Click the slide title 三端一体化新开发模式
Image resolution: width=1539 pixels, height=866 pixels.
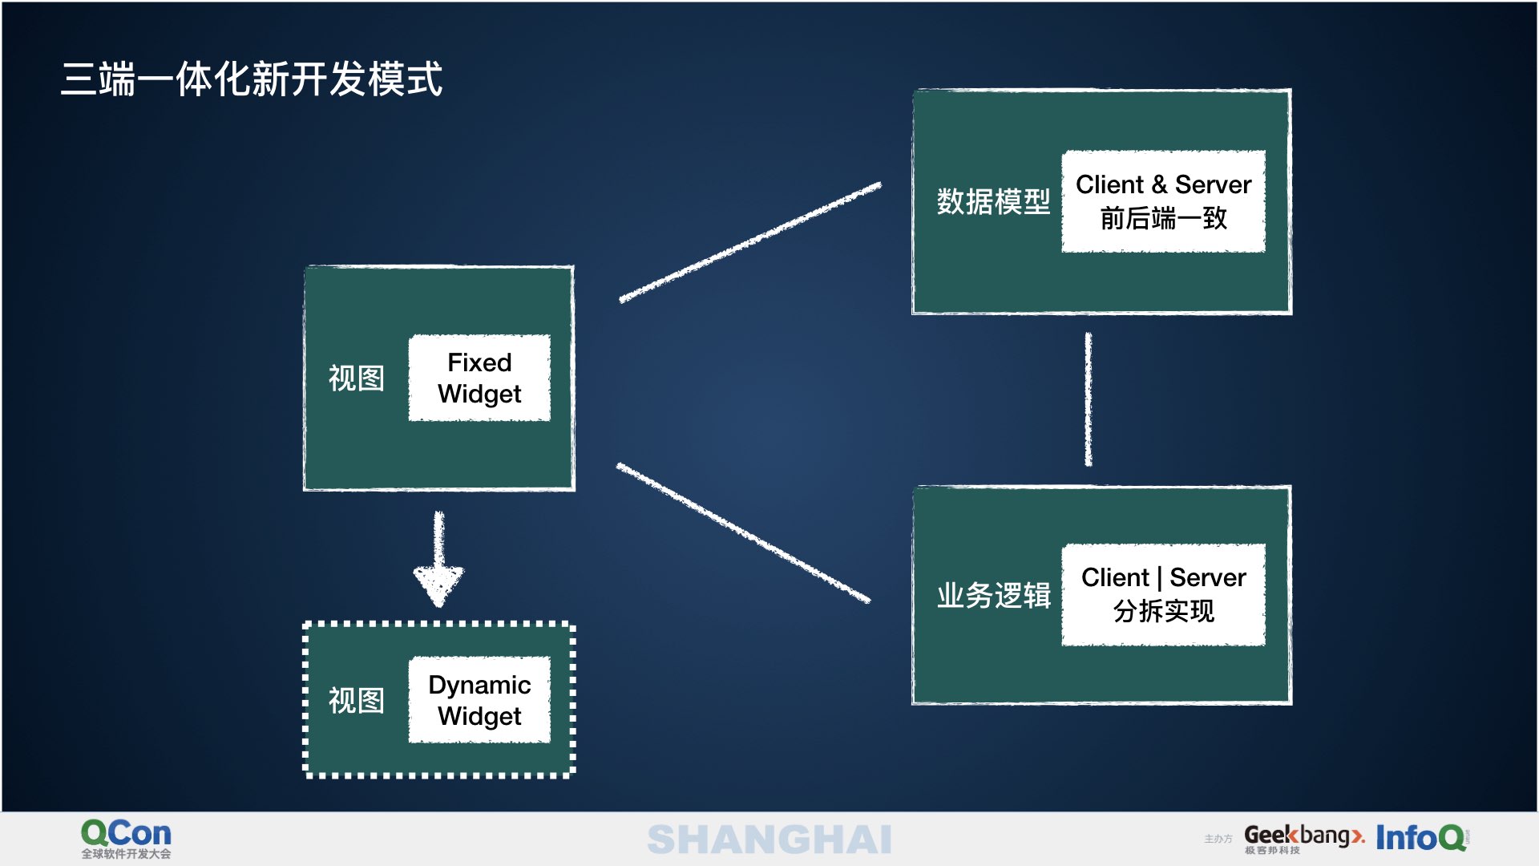252,79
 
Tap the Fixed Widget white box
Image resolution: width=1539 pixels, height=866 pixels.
479,378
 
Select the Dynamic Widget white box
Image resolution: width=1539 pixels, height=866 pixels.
479,700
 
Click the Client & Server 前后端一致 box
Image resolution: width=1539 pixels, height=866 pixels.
1163,201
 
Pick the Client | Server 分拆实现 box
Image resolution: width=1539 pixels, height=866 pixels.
1163,594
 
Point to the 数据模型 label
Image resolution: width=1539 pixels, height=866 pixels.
993,201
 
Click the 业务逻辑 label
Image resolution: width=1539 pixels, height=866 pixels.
993,595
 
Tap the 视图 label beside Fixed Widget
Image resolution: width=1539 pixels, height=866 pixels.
357,378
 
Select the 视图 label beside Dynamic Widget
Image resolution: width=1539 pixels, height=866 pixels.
357,700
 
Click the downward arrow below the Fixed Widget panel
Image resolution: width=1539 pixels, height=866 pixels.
438,561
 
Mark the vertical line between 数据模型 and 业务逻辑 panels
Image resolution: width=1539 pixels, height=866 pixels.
1088,399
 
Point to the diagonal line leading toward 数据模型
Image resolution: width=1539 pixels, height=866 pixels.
749,242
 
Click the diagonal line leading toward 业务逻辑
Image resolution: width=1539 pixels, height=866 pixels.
743,532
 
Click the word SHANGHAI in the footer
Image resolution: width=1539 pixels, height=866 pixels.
769,840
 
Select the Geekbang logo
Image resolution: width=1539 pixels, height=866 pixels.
1303,838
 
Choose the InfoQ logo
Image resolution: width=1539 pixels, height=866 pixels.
1421,838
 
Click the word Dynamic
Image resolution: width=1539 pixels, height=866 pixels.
479,685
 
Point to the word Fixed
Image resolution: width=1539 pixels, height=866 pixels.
479,362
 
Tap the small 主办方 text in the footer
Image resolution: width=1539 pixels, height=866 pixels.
1218,839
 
